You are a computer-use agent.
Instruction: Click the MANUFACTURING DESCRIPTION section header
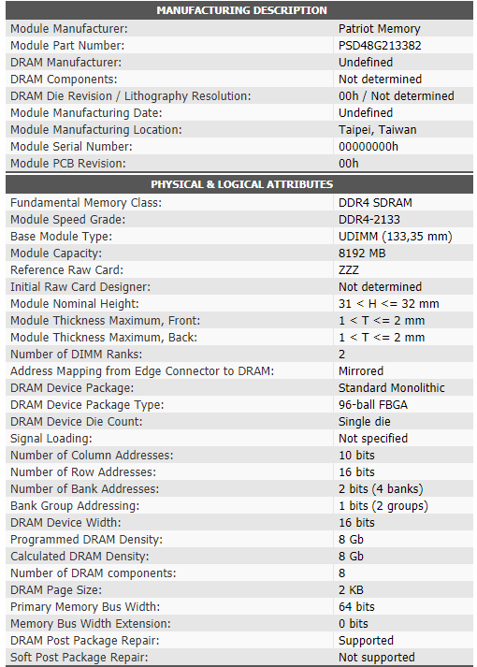click(x=241, y=10)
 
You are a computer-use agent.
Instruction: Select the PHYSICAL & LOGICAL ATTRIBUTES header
click(x=241, y=184)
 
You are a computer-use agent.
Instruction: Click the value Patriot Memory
click(x=379, y=29)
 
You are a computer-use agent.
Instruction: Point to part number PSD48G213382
click(x=379, y=46)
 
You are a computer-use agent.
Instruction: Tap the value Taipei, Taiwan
click(x=377, y=130)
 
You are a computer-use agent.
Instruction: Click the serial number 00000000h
click(x=368, y=147)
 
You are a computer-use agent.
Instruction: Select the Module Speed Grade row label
click(x=67, y=220)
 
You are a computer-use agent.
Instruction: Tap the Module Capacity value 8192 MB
click(x=362, y=254)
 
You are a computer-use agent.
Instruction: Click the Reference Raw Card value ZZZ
click(x=349, y=270)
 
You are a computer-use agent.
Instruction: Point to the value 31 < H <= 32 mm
click(x=388, y=304)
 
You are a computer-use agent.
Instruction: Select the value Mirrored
click(x=360, y=371)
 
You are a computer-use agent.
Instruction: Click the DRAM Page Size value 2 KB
click(x=351, y=590)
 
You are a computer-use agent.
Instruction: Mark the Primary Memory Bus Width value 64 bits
click(x=356, y=607)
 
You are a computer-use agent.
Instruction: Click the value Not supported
click(x=376, y=658)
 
